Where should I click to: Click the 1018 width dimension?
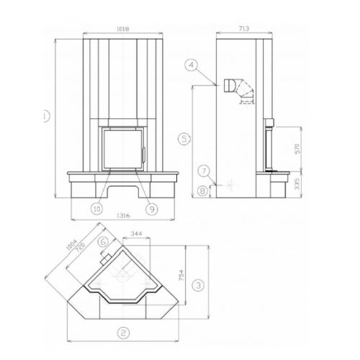tap(123, 29)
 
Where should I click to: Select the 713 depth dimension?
tap(244, 29)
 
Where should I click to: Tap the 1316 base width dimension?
tap(123, 215)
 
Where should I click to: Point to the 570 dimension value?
tap(297, 149)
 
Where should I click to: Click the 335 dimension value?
tap(297, 184)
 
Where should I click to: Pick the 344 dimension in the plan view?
tap(137, 233)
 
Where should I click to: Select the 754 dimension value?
tap(181, 275)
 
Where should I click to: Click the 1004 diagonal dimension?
tap(71, 245)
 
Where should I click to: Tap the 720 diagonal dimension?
tap(80, 248)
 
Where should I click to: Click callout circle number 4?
tap(192, 65)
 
